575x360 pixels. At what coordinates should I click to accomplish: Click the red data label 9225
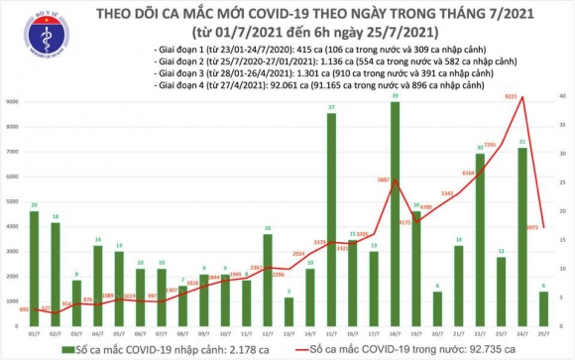click(x=513, y=96)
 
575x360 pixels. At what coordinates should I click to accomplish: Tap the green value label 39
click(x=395, y=97)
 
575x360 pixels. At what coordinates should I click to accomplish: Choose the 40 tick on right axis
click(x=561, y=96)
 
